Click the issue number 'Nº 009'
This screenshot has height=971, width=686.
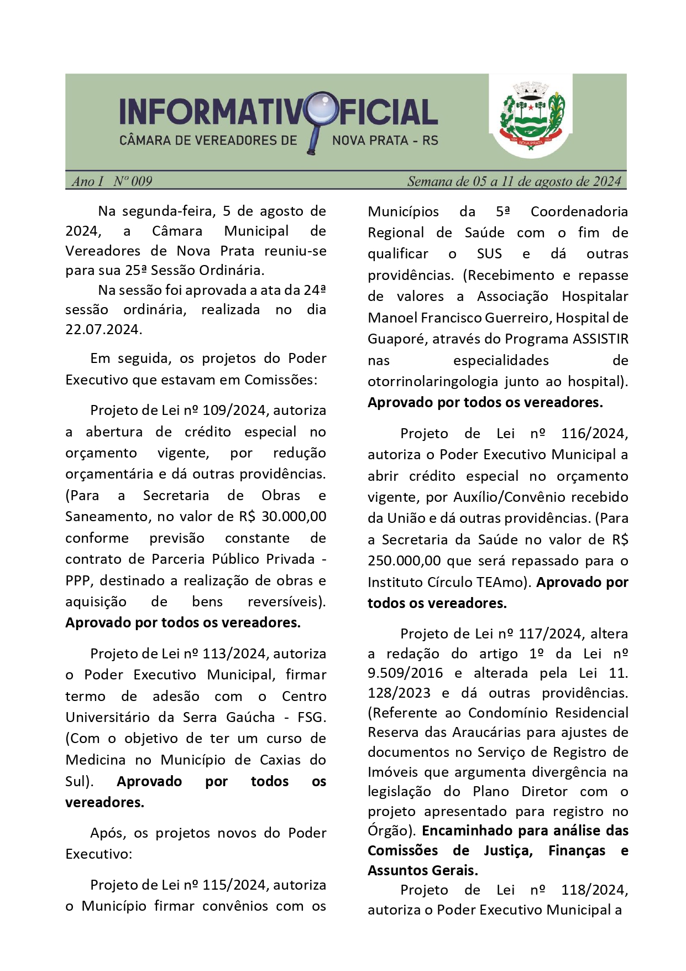click(x=133, y=181)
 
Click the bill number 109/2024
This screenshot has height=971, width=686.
click(x=234, y=411)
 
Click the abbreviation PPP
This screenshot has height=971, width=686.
click(x=80, y=580)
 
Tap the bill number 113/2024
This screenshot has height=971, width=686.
click(x=234, y=653)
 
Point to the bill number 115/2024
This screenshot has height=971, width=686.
click(x=234, y=885)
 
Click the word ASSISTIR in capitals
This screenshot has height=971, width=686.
click(x=600, y=339)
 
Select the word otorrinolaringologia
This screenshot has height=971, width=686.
click(x=433, y=381)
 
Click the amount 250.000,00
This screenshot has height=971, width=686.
click(x=404, y=560)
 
